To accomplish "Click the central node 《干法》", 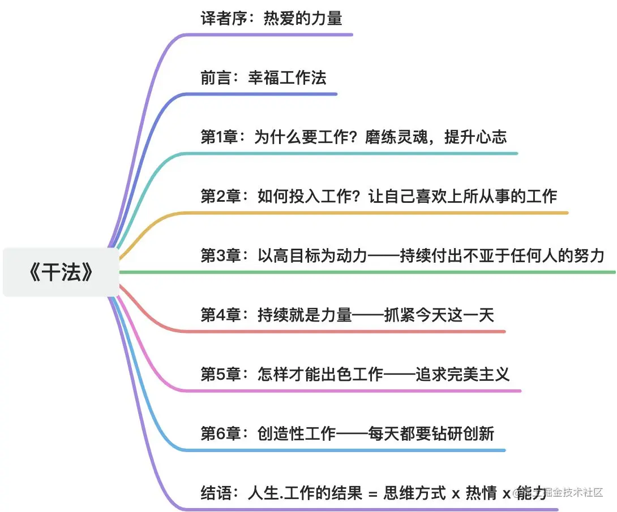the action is [61, 272].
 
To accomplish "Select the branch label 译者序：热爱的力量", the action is [272, 19].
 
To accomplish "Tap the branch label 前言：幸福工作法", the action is [263, 78].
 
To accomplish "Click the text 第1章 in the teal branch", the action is [220, 137].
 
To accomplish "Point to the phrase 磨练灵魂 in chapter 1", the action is [396, 137].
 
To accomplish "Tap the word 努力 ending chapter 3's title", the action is [589, 256].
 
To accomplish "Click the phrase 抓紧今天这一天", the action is [439, 315].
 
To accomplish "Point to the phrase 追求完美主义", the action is [463, 375].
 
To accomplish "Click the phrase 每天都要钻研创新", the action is [431, 434].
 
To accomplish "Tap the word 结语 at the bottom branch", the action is [216, 493].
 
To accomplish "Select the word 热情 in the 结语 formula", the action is [481, 493].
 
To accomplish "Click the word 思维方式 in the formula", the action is [415, 493].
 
